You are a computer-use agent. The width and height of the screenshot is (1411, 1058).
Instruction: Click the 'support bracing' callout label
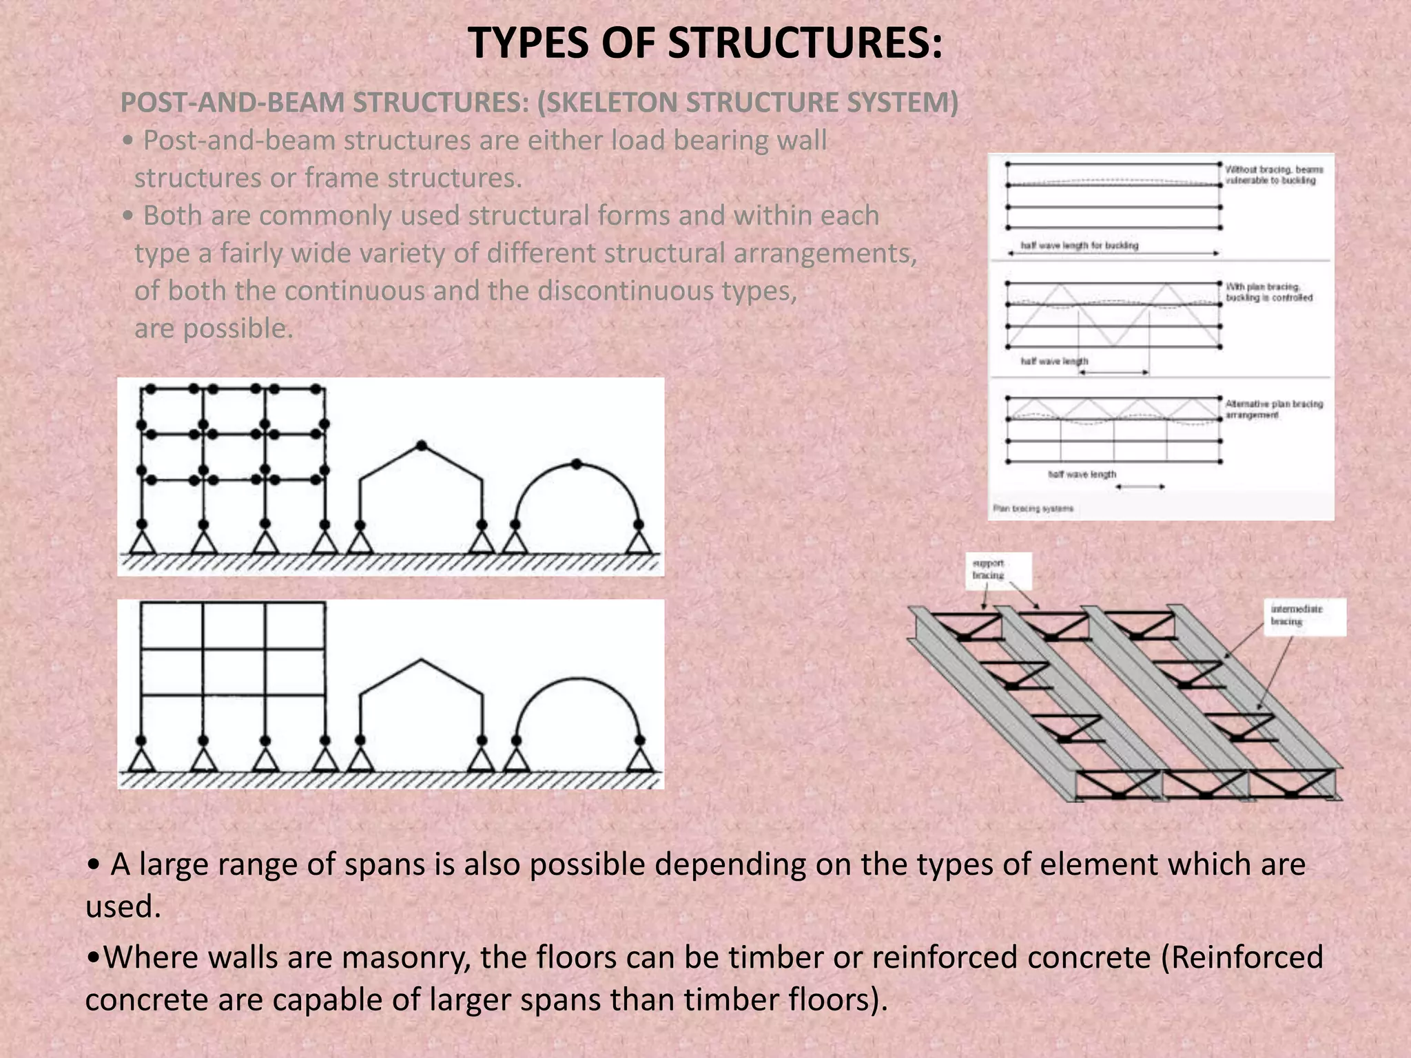[x=989, y=569]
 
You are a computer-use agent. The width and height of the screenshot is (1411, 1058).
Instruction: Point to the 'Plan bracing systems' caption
[x=1033, y=508]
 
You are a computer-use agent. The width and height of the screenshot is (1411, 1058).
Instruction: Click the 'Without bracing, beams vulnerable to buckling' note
[x=1273, y=175]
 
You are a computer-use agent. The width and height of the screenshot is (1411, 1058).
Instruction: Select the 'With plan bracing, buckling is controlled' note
[x=1268, y=292]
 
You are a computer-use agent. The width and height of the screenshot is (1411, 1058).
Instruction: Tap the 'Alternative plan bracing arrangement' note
[x=1273, y=409]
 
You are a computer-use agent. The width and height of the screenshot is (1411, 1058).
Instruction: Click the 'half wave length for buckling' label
[x=1079, y=245]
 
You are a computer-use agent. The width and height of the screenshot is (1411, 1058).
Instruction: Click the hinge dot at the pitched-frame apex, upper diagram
[x=422, y=446]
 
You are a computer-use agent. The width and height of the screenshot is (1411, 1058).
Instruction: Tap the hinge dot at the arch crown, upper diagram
[x=577, y=464]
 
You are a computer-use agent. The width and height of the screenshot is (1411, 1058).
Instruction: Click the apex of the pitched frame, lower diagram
[x=422, y=660]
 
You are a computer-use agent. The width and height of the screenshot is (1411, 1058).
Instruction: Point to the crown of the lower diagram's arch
[x=577, y=679]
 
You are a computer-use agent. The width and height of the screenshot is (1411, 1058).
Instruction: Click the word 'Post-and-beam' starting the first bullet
[x=238, y=141]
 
